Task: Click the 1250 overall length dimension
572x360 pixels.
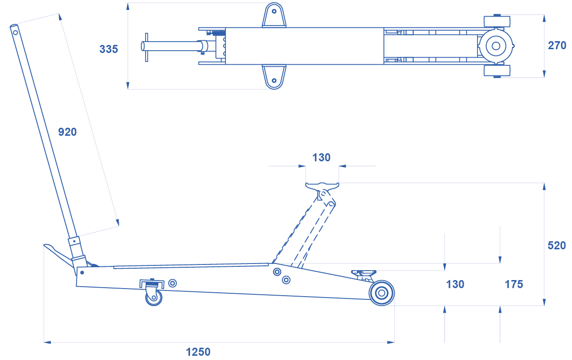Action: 198,352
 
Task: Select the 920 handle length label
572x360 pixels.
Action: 68,132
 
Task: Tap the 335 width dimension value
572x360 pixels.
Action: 109,49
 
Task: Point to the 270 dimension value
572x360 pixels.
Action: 557,45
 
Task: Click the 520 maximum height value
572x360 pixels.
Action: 557,246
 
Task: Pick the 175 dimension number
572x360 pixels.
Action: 514,284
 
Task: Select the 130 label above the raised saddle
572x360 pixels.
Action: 321,158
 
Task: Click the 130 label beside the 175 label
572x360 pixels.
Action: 455,284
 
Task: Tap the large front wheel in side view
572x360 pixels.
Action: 381,293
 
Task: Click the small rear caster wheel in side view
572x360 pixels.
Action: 154,297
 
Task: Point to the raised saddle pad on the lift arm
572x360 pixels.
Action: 322,186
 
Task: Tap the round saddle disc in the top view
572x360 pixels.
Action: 496,46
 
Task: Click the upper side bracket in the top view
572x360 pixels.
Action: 274,15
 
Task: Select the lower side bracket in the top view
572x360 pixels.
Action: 274,77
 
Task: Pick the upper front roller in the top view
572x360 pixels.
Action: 497,21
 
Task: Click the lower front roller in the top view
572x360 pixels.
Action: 497,71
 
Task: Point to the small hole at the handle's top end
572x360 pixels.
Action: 15,33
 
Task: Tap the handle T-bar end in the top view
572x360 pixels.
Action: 147,47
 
